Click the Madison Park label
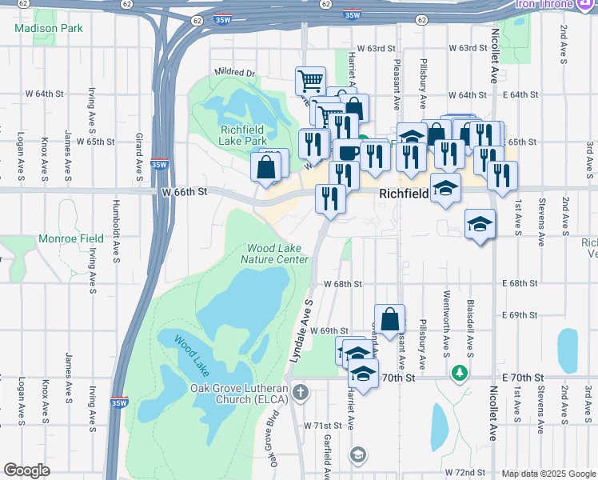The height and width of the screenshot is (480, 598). click(49, 28)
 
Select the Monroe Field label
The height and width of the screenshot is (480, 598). click(70, 238)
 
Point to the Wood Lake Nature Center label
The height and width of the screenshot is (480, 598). click(277, 254)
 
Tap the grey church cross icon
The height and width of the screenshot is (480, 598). click(300, 392)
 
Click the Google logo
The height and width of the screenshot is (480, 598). click(27, 470)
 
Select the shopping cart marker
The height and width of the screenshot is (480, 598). click(310, 81)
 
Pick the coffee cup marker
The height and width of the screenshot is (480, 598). click(349, 151)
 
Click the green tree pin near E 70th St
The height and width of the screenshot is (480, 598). click(460, 373)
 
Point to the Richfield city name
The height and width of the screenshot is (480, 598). click(404, 193)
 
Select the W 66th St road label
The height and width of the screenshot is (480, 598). click(184, 192)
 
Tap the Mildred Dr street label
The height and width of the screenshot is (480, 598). click(234, 73)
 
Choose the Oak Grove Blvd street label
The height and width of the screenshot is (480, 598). click(273, 439)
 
